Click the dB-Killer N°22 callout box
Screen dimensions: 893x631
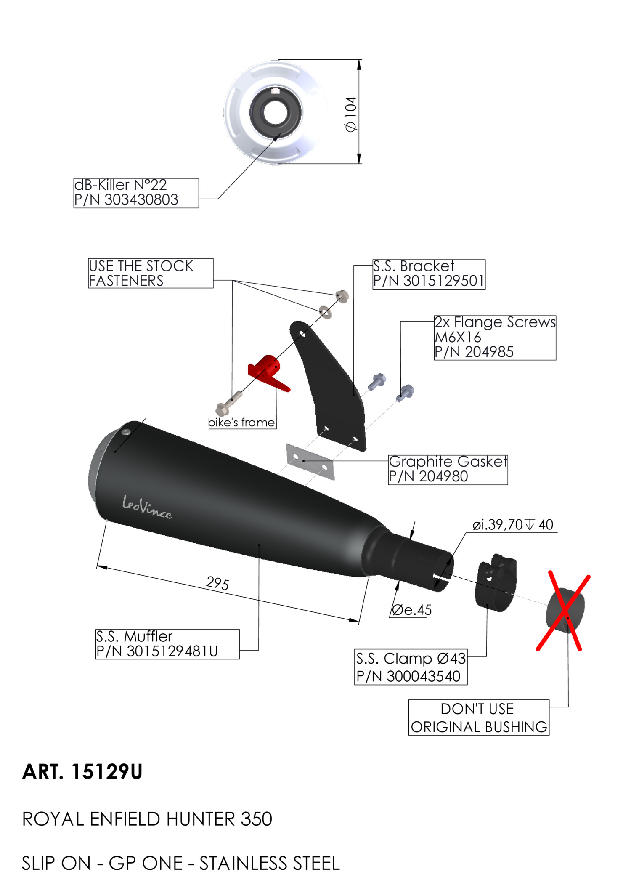(x=135, y=193)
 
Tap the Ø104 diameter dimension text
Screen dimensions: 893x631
(x=351, y=114)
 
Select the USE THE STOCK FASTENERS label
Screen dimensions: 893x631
(x=150, y=273)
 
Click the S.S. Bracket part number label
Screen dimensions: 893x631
(x=429, y=274)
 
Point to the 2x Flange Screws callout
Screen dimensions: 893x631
(x=495, y=338)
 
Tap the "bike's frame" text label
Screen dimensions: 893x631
(x=241, y=423)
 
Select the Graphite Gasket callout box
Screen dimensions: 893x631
(x=448, y=469)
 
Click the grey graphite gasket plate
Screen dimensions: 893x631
(x=310, y=461)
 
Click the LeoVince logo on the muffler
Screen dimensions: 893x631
(x=146, y=507)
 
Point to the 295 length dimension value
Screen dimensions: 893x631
(x=217, y=583)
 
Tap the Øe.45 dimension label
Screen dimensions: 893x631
(x=411, y=610)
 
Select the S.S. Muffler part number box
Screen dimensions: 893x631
(x=167, y=644)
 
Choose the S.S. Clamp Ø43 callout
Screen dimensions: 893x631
(x=411, y=667)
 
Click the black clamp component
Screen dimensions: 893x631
(x=496, y=583)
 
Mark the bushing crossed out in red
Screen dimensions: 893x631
(x=565, y=611)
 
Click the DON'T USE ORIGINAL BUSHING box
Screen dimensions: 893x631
(x=479, y=718)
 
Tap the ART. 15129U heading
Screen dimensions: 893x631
(x=82, y=772)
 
